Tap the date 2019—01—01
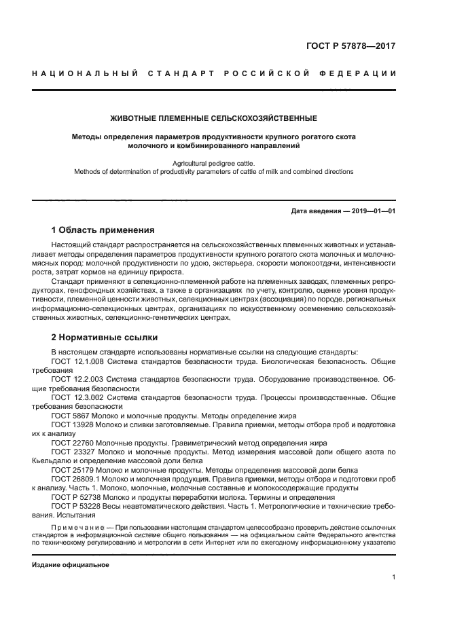click(x=370, y=211)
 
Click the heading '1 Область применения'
click(x=103, y=230)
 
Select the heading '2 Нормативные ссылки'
click(x=105, y=337)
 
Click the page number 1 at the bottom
click(x=393, y=577)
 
